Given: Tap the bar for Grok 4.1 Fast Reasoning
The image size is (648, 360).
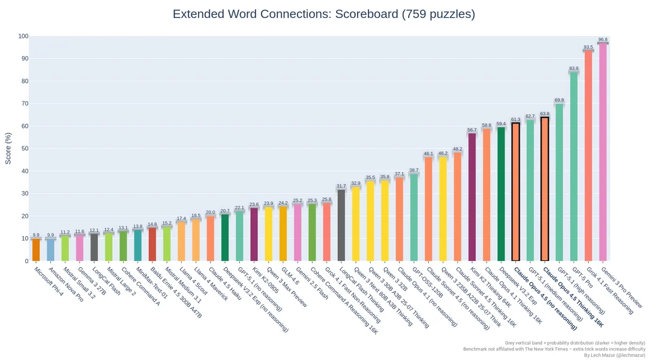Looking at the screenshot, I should (x=588, y=155).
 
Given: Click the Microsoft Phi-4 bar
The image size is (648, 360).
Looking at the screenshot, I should (x=36, y=250).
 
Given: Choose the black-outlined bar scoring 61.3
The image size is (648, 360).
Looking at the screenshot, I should (x=515, y=192).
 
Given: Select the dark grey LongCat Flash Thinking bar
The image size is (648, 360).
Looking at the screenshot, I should (x=341, y=225).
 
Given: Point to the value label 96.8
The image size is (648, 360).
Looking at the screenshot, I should (x=602, y=40).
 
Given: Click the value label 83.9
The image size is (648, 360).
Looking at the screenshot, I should (x=574, y=68).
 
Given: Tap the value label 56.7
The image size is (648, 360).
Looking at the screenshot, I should (x=472, y=130).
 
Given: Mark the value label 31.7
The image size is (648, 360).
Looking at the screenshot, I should (x=341, y=186).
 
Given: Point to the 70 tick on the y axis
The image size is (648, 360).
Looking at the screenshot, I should (x=24, y=104).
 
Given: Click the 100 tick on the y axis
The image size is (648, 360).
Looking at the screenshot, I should (x=23, y=37).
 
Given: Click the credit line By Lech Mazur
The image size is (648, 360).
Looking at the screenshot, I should (x=614, y=356).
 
